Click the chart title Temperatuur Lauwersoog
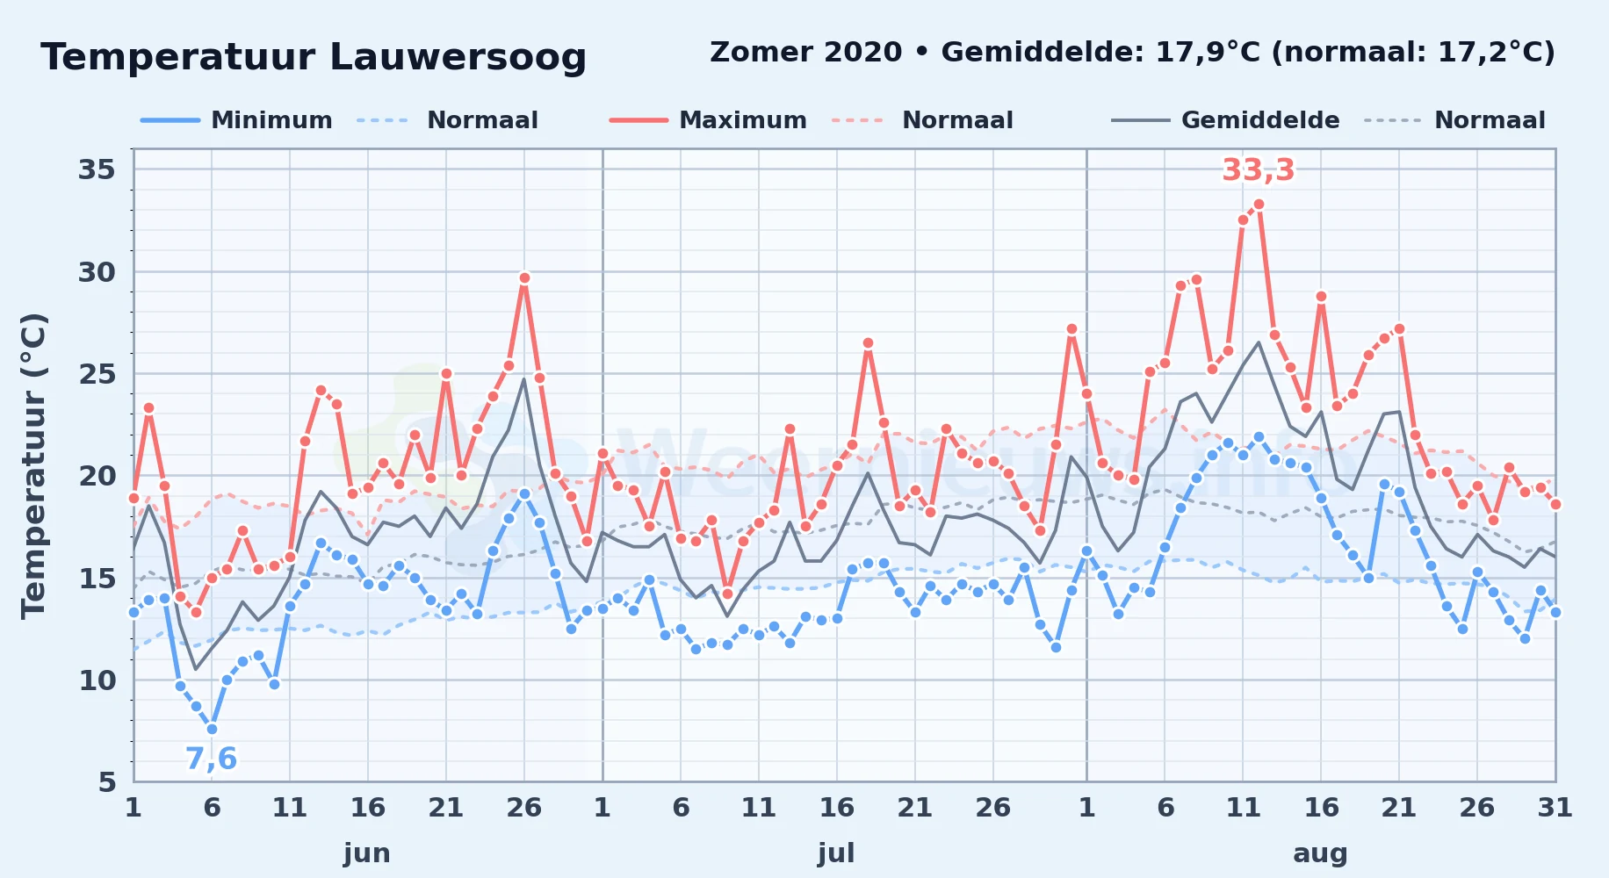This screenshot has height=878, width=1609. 314,58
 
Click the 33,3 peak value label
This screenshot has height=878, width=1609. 1258,170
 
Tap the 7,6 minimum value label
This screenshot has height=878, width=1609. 211,759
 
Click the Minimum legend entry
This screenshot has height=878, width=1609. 236,120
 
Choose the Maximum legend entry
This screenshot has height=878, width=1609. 708,120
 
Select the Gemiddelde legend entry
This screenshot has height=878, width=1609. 1225,120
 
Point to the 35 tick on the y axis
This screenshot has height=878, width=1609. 97,169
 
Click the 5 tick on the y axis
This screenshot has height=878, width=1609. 106,781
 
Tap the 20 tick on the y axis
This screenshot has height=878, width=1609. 97,476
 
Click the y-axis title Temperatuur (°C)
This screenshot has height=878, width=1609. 33,466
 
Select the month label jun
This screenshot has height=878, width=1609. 367,853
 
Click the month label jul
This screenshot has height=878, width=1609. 836,853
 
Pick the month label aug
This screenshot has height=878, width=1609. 1320,853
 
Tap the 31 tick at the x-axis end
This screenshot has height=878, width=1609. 1555,808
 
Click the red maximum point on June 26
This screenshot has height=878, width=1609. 524,277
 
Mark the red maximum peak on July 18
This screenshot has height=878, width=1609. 868,343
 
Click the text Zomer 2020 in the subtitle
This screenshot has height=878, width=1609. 805,53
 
